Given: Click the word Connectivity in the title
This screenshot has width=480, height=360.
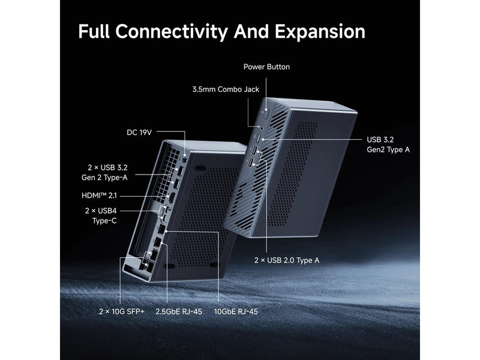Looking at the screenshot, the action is (x=172, y=32).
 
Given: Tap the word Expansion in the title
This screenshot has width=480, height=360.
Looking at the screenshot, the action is (x=320, y=32).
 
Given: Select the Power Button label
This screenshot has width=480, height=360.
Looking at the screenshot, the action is (x=266, y=67).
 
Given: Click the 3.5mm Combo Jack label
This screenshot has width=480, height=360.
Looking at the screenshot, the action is (x=226, y=89).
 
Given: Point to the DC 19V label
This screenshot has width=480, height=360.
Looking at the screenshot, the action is (x=139, y=133).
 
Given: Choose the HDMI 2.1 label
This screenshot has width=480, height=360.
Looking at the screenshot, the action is (x=99, y=196).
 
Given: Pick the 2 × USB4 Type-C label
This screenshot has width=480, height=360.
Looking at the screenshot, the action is (x=101, y=216).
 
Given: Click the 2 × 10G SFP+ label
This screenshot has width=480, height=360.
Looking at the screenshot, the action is (x=122, y=311).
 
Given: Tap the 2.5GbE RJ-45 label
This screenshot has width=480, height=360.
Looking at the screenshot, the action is (x=179, y=311).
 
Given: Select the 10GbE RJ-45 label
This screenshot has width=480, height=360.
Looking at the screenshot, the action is (x=236, y=311).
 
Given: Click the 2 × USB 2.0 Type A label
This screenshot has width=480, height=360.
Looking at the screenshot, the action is (x=287, y=260).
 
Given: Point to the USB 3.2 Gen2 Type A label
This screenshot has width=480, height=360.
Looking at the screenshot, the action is (x=388, y=145).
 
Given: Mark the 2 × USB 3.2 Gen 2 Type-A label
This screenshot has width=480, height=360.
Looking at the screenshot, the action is (x=104, y=172).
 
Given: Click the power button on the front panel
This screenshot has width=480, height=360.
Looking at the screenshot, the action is (x=266, y=114).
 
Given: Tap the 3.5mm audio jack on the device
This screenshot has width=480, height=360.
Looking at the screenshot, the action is (x=261, y=128).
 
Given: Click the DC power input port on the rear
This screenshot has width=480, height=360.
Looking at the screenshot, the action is (x=184, y=160).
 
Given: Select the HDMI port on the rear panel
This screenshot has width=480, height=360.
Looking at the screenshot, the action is (x=172, y=198).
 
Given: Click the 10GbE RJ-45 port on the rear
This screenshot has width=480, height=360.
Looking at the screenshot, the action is (x=161, y=230).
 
